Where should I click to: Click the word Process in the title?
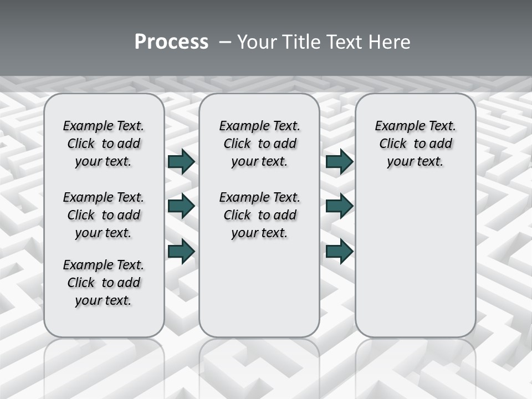tap(171, 42)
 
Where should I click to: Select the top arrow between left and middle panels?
tap(181, 162)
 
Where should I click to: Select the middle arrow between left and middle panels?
tap(181, 206)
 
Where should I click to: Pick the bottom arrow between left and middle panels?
tap(181, 251)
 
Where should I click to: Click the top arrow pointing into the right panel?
tap(339, 162)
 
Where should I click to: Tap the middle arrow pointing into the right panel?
tap(339, 206)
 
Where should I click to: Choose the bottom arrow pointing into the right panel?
tap(339, 251)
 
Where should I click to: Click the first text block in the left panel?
tap(104, 144)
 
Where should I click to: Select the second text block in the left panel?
tap(104, 215)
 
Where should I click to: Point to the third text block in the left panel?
tap(104, 283)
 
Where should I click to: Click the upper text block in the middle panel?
tap(259, 144)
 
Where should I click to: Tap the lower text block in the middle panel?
tap(259, 215)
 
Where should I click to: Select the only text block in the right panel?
tap(415, 144)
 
